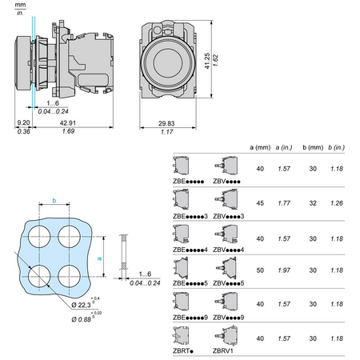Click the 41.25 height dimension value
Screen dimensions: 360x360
point(207,61)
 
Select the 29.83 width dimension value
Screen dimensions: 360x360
point(166,123)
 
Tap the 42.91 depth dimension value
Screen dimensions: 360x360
point(68,123)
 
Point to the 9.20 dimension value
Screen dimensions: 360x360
point(23,122)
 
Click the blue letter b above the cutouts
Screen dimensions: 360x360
point(54,200)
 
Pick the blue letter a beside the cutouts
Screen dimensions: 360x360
point(100,258)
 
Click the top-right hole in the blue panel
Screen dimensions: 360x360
point(69,237)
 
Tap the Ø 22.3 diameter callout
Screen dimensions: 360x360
point(82,305)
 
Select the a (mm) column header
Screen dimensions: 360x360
point(260,147)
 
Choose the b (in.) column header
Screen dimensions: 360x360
point(337,147)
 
